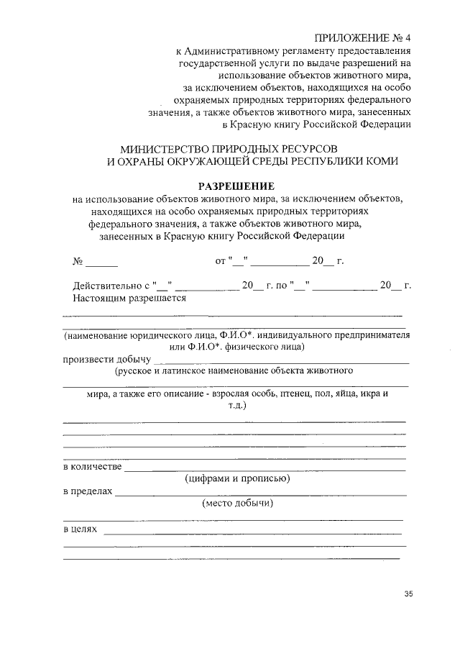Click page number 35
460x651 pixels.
tap(408, 594)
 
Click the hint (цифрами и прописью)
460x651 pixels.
tap(236, 478)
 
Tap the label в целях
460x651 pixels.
tap(80, 529)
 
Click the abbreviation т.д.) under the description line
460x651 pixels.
tap(235, 406)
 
